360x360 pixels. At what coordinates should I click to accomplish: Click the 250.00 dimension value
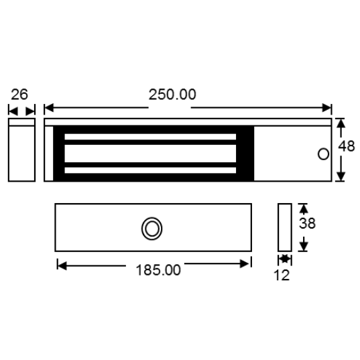[172, 95]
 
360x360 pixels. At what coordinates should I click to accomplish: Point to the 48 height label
[347, 145]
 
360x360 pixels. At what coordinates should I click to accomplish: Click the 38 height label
[307, 224]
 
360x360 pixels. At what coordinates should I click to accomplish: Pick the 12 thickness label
[282, 275]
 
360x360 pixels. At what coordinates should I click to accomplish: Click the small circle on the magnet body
[322, 154]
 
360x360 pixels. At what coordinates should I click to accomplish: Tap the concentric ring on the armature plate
[152, 228]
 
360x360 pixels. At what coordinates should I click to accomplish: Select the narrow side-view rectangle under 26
[21, 150]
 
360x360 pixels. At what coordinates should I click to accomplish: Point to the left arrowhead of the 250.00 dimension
[48, 108]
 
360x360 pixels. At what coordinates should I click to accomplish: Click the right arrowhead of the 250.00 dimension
[328, 108]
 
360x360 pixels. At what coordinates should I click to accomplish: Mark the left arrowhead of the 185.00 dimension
[62, 265]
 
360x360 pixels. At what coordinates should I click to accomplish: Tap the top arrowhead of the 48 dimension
[340, 124]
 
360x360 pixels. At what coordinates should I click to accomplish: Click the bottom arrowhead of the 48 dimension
[340, 176]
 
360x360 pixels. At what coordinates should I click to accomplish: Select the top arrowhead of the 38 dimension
[302, 208]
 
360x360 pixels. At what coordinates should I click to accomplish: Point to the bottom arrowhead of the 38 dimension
[302, 246]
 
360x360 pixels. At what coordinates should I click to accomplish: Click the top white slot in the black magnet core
[150, 137]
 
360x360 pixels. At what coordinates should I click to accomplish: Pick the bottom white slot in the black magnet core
[150, 170]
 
